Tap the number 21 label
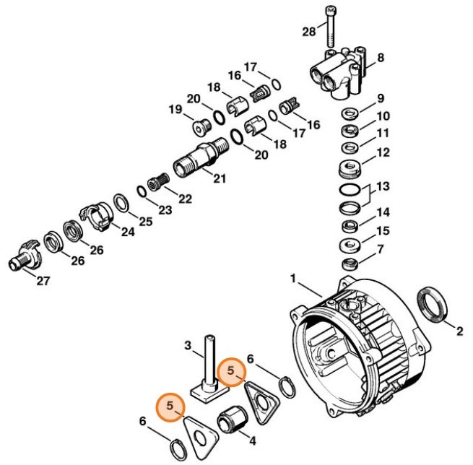tap(217, 178)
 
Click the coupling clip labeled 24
tap(95, 214)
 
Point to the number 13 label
tap(383, 186)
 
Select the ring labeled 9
tap(352, 113)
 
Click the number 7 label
tap(383, 250)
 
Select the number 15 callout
tap(383, 231)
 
